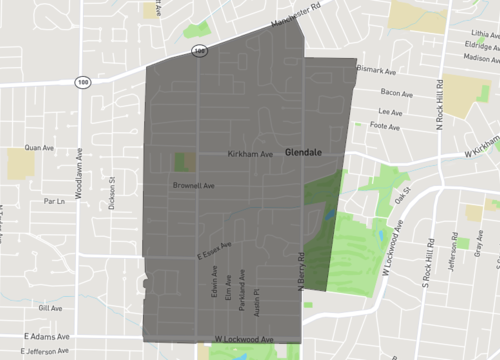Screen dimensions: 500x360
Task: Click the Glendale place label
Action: (x=302, y=153)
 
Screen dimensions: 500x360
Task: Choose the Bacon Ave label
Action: (x=397, y=93)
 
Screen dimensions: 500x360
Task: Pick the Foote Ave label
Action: (x=386, y=126)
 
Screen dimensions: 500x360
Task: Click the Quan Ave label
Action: (x=39, y=147)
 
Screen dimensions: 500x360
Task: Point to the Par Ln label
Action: (x=54, y=201)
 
